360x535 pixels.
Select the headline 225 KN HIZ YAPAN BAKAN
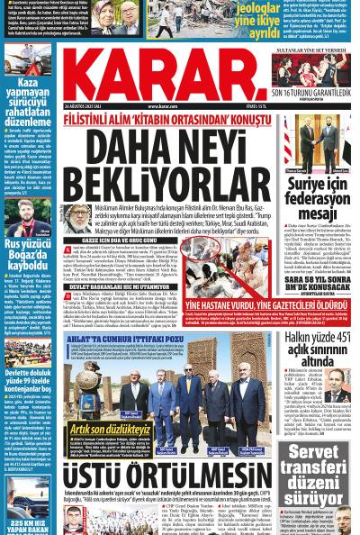29,525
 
